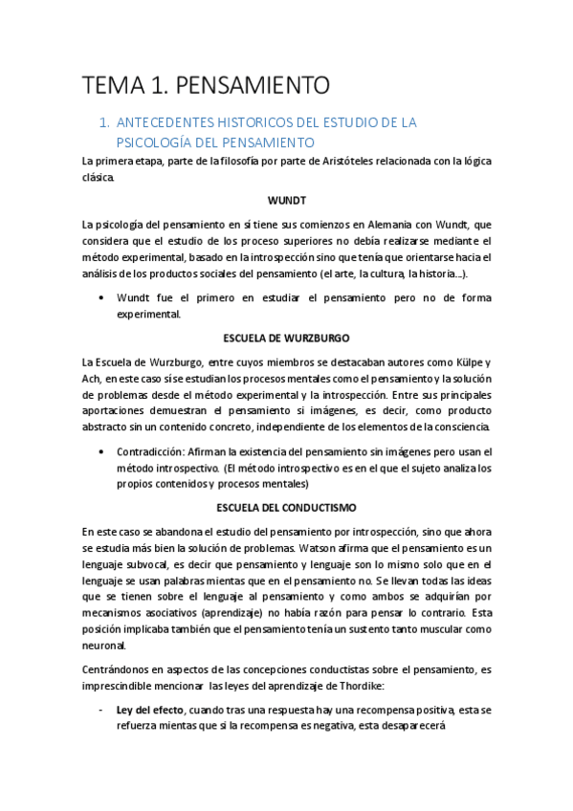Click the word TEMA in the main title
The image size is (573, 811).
click(112, 86)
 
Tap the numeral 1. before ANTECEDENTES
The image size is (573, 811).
click(106, 123)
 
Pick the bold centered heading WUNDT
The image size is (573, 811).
click(286, 200)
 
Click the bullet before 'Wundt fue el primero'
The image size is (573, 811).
click(101, 297)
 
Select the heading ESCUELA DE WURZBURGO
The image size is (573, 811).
click(286, 338)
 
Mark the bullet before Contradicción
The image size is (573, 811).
click(101, 451)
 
